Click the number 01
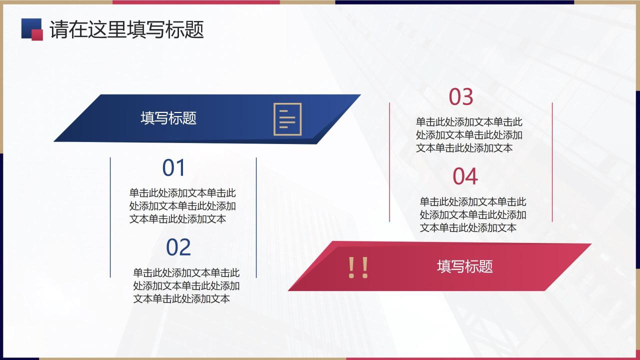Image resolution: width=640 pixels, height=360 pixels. pos(174,168)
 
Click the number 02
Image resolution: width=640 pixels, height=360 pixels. pos(178,247)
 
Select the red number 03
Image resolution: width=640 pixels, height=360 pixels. pos(460,97)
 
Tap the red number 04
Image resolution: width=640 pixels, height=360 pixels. pos(465,176)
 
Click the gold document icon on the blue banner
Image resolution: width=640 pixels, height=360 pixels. pos(287,118)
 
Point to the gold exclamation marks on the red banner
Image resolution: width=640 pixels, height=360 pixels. pos(358,268)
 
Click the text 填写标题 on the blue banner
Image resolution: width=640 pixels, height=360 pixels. pos(168,118)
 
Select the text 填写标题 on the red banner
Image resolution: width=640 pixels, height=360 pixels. pos(464,266)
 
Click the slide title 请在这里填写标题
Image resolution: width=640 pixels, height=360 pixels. pos(126,29)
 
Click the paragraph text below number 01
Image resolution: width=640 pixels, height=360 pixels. pos(182,205)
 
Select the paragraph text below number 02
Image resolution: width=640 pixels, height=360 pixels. pos(186,285)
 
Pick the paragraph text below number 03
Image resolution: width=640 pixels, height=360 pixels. pos(469,134)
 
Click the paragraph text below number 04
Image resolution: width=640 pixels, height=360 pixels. pos(472,214)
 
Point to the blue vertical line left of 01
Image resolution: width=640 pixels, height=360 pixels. pos(110,217)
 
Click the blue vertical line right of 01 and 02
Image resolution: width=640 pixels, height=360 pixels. pos(256,217)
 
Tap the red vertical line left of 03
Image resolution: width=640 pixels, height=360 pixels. pos(389,162)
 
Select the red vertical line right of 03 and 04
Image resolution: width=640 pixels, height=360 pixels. pos(552,162)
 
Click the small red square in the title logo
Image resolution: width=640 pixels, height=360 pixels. pos(37,34)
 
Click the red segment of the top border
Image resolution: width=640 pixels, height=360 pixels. pos(195,2)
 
